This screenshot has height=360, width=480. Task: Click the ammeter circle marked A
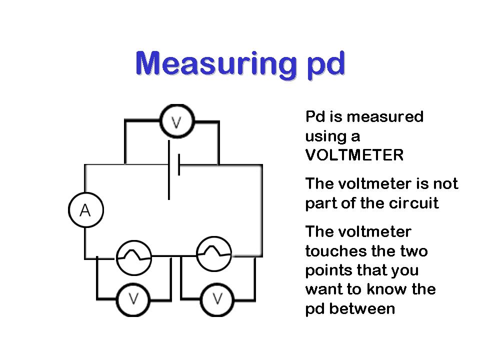tap(85, 210)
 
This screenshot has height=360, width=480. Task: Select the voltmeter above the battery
tap(176, 121)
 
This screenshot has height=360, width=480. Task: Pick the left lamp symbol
tap(133, 257)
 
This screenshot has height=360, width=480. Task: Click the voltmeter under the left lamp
tap(133, 299)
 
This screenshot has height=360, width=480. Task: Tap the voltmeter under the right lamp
tap(217, 299)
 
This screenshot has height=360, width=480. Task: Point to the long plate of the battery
tap(169, 170)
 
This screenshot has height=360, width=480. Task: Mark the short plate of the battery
tap(178, 164)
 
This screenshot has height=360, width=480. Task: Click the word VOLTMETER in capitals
tap(354, 155)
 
